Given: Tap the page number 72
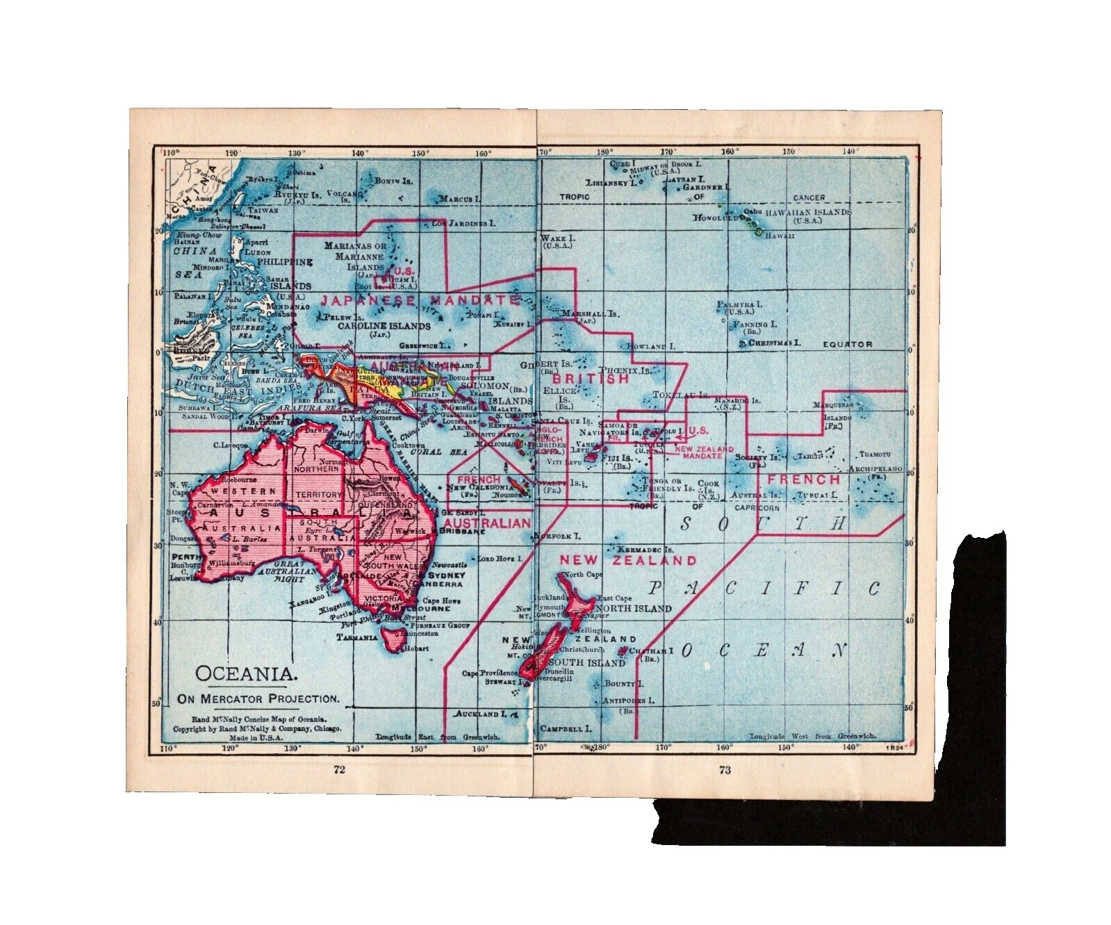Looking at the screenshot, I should pyautogui.click(x=340, y=769).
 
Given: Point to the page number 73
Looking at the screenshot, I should pyautogui.click(x=725, y=769).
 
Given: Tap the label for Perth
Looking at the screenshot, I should pyautogui.click(x=184, y=557).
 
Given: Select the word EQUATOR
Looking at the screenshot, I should pyautogui.click(x=847, y=344).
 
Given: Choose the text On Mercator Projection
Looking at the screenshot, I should pyautogui.click(x=258, y=698).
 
